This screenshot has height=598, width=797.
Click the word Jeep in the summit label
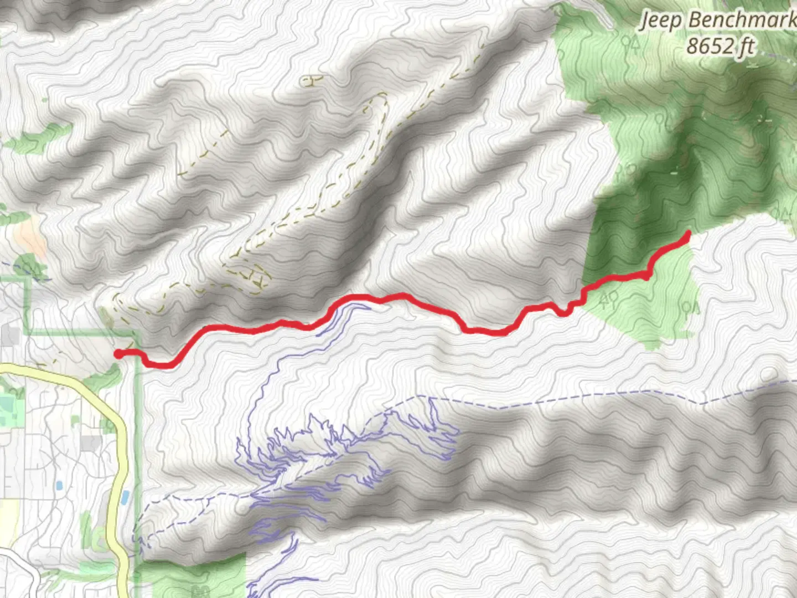coord(661,21)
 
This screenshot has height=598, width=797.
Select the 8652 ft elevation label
coord(720,46)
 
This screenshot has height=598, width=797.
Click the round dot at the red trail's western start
coord(118,354)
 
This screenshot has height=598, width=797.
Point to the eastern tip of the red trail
coord(687,233)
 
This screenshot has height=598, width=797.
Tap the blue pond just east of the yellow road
coord(126,497)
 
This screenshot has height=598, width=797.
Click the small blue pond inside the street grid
coord(59,486)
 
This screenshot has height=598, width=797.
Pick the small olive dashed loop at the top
coord(312,81)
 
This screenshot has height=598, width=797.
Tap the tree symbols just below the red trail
coord(608,300)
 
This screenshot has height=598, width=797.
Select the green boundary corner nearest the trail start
coord(134,334)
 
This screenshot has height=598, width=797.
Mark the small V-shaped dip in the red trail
coord(563,312)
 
